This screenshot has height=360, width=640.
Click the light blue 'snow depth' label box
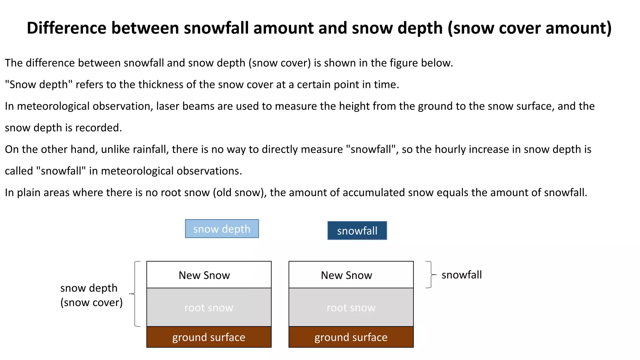(x=222, y=229)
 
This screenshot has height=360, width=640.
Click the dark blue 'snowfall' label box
(x=357, y=231)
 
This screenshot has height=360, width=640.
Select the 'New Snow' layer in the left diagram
(x=209, y=275)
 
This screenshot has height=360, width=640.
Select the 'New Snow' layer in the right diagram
(x=351, y=275)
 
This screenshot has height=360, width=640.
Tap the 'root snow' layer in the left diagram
(x=209, y=307)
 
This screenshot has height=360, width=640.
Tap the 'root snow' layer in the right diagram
(x=351, y=307)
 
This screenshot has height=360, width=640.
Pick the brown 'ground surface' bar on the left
(x=209, y=337)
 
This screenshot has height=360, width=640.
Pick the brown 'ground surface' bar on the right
(x=351, y=337)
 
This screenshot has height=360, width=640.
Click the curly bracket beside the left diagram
(x=135, y=294)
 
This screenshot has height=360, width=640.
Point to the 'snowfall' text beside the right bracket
(x=462, y=275)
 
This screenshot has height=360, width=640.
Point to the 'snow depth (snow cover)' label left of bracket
(x=91, y=295)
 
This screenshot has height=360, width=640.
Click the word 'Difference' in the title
(x=67, y=28)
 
